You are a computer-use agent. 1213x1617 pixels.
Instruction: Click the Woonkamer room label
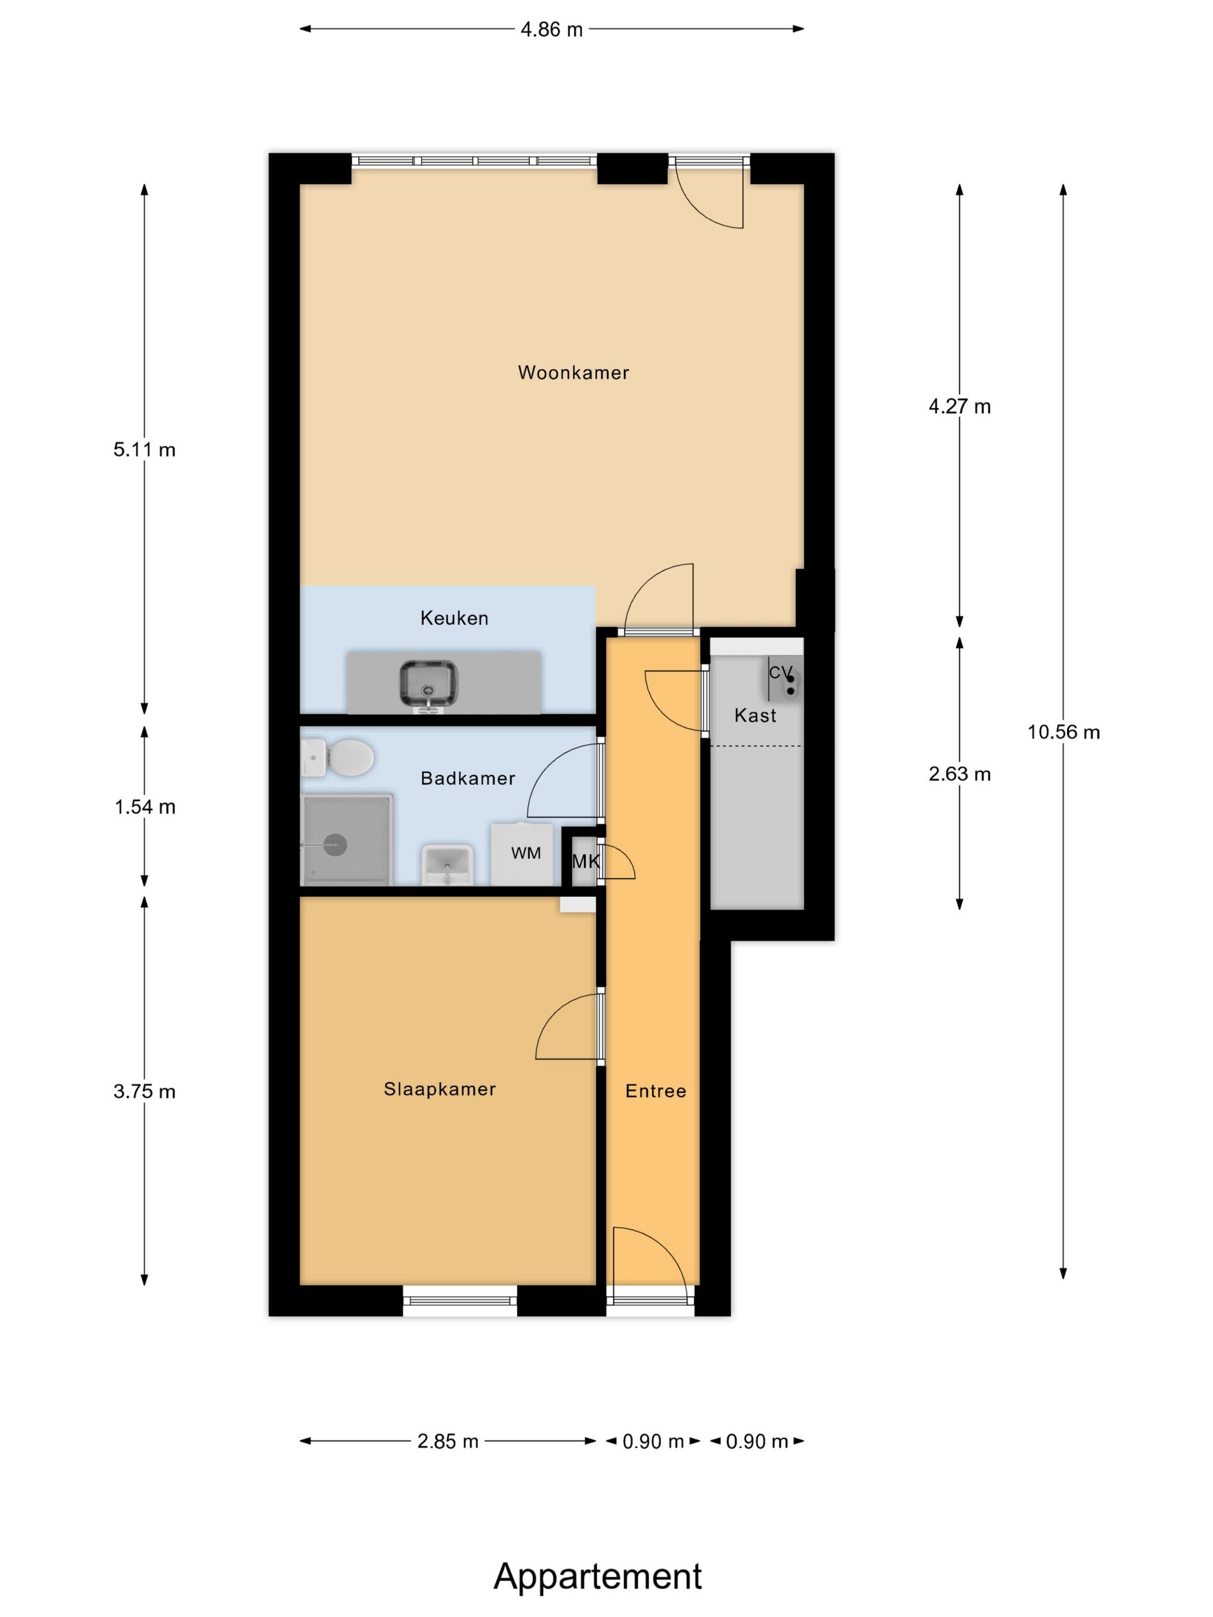pos(573,373)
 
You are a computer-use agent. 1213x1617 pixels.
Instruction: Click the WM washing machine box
pos(525,853)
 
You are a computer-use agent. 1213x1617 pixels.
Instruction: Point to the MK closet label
pos(585,862)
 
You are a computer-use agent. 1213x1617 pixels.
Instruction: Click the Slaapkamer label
pos(440,1089)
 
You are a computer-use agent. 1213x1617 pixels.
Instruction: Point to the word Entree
pos(656,1091)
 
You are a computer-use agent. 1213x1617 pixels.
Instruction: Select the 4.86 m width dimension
pos(551,30)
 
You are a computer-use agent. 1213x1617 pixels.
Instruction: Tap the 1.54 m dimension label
pos(145,807)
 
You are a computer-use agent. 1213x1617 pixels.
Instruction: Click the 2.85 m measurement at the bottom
pos(448,1441)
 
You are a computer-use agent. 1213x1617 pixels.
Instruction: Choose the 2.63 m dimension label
pos(959,773)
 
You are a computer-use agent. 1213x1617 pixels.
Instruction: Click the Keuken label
pos(454,619)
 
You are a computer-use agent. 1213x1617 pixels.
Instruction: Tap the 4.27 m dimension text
pos(959,407)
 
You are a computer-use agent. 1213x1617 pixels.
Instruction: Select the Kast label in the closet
pos(754,716)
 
